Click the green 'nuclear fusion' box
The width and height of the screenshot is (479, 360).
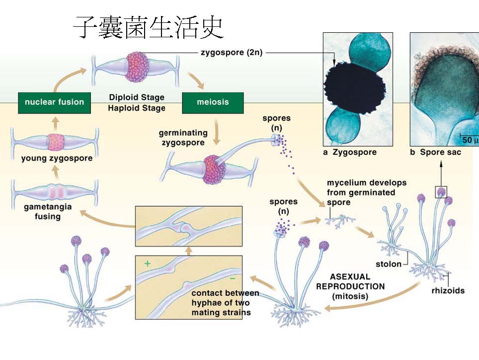(55, 102)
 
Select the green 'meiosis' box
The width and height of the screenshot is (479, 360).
(213, 102)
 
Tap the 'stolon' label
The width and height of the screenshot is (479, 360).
(389, 264)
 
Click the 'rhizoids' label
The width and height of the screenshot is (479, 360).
(448, 290)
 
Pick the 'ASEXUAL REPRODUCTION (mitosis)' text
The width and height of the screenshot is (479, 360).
(350, 286)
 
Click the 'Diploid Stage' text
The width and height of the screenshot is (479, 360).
(137, 97)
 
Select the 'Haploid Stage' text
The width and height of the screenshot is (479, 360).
(137, 107)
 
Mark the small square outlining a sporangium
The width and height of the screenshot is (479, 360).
(441, 191)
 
